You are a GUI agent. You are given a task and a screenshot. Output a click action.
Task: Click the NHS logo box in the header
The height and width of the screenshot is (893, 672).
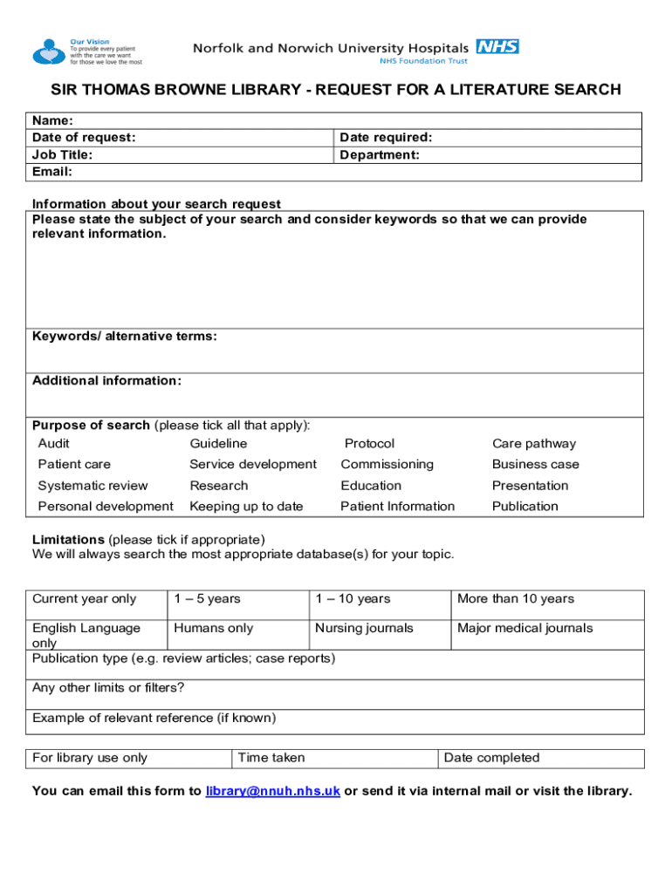pos(497,46)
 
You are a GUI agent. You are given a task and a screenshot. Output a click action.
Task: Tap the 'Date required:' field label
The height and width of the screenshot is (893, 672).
pos(386,137)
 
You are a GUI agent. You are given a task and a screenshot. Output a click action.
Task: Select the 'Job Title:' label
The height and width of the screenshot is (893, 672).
pos(63,154)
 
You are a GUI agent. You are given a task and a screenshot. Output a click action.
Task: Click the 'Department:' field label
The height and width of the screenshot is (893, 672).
pos(380,154)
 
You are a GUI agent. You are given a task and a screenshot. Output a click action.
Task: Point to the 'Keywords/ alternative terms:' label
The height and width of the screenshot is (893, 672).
pos(125,337)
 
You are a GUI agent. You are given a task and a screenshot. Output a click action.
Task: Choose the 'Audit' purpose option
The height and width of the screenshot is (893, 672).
pos(54,444)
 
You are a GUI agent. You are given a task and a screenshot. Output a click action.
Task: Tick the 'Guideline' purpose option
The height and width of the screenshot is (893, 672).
pos(218,444)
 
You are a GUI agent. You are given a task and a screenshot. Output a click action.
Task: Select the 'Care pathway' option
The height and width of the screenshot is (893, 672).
pos(534,444)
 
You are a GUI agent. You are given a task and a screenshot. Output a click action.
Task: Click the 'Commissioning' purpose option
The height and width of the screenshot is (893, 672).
pos(387,465)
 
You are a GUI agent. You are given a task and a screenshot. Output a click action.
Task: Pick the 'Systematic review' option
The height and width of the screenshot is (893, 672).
pos(93,486)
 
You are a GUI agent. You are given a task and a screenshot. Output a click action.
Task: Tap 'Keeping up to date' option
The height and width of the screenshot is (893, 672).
pos(246,507)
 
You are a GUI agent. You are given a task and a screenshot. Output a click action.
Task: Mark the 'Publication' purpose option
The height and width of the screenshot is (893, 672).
pos(525,507)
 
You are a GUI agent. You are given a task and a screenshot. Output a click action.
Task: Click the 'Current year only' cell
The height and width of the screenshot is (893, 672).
pos(85,599)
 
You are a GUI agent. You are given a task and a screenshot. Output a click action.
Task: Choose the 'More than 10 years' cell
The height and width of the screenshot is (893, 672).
pos(516,599)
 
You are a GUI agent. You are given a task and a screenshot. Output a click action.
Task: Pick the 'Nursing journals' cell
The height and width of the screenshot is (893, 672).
pos(364,629)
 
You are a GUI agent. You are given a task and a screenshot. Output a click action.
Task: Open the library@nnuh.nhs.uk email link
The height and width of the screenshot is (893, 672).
pos(273,792)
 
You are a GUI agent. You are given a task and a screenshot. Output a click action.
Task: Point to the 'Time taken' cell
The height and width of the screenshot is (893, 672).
pos(271,759)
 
